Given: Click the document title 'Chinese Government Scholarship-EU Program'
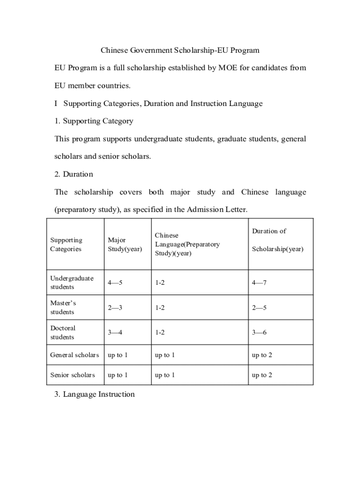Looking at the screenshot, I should [x=180, y=50].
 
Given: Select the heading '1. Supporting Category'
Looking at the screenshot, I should [x=94, y=121].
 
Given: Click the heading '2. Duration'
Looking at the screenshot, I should [x=73, y=174].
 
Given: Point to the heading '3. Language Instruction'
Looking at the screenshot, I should [x=94, y=394].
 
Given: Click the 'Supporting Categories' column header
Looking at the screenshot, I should [x=66, y=245].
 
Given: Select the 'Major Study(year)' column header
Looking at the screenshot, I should [x=124, y=245].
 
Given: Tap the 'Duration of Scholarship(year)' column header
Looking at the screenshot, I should [x=277, y=240].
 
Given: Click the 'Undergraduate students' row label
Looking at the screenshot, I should [x=72, y=282].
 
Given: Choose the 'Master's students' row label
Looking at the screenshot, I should [x=63, y=307].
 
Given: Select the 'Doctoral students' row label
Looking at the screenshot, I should [x=63, y=332].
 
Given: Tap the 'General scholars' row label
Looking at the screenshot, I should [x=74, y=355].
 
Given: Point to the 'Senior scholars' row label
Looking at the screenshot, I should [x=72, y=375].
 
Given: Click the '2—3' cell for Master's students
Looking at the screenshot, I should [x=115, y=308].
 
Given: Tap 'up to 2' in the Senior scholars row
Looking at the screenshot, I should [x=262, y=375].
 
